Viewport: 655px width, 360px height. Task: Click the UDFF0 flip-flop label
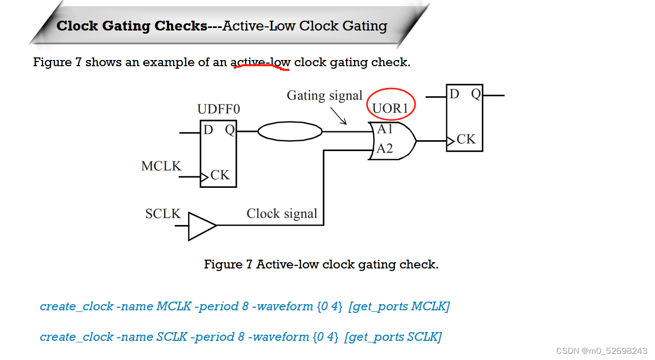click(219, 109)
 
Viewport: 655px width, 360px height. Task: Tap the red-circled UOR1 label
click(391, 108)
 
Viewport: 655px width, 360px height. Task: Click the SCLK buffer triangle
click(201, 226)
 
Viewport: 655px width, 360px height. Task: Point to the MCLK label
click(161, 166)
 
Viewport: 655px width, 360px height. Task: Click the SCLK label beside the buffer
click(163, 214)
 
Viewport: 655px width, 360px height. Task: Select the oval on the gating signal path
click(290, 131)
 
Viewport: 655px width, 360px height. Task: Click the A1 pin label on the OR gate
click(385, 129)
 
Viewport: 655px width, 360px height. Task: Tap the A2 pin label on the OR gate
click(385, 149)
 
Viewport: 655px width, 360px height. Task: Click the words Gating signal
click(325, 96)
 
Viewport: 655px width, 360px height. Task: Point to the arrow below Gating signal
click(338, 115)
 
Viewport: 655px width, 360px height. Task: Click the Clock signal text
click(282, 214)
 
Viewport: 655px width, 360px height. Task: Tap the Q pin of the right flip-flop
click(476, 94)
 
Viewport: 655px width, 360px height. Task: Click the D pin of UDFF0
click(208, 129)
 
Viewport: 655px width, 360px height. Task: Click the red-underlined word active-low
click(260, 63)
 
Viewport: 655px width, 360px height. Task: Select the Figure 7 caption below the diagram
click(321, 264)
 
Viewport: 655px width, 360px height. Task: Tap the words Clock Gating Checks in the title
click(132, 26)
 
